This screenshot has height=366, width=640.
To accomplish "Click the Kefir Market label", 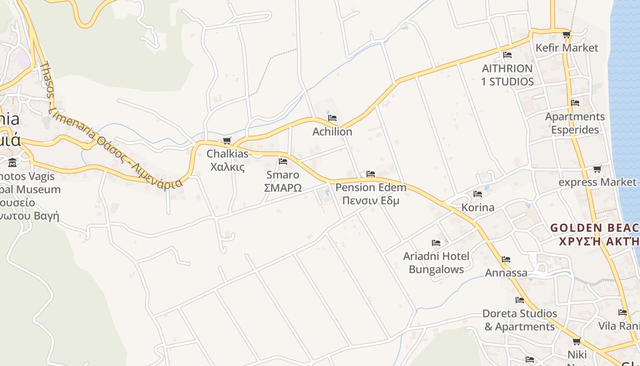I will (566, 48).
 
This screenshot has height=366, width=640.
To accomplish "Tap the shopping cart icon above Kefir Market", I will (566, 35).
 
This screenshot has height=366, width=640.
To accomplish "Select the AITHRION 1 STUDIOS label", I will (507, 75).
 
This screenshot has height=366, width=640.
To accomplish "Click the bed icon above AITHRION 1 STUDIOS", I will (507, 55).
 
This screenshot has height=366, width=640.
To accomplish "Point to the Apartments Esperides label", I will (575, 123).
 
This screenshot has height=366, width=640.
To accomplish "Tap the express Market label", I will (597, 182).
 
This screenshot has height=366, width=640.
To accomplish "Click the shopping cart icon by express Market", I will (597, 169).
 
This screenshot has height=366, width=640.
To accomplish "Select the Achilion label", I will (332, 132).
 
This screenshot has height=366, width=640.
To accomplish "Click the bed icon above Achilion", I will (332, 118).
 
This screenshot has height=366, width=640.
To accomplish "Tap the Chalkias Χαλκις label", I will (228, 160).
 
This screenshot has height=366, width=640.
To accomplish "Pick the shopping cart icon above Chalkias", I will (227, 140).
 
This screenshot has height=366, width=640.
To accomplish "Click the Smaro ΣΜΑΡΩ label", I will (283, 181).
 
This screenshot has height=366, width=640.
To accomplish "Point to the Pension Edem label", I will (371, 194).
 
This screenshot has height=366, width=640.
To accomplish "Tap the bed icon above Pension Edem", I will (371, 174).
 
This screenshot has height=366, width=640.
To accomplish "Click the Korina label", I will (478, 208).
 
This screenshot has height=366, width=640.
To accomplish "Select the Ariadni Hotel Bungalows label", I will (436, 263).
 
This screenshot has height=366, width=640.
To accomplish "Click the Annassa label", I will (506, 273).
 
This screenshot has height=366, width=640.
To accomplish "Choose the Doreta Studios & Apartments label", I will (520, 320).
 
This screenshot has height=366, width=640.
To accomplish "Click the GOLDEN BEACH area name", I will (594, 234).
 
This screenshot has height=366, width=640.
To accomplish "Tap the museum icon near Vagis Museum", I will (12, 162).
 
